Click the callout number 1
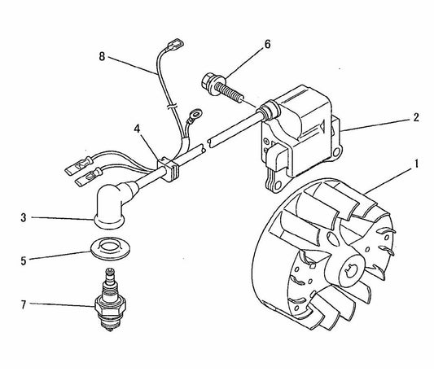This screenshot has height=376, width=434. click(x=416, y=163)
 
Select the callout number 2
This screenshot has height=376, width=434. click(x=415, y=116)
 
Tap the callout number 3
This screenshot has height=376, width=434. click(x=25, y=217)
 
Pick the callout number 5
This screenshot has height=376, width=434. click(x=25, y=261)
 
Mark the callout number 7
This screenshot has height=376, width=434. click(x=25, y=307)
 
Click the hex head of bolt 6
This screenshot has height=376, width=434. click(x=208, y=83)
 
